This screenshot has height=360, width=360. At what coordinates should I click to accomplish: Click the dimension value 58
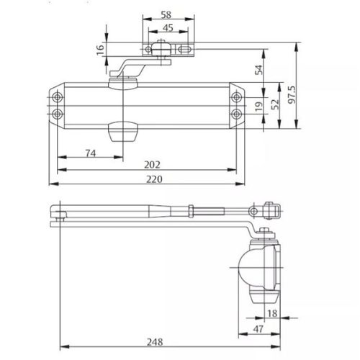pos(166,14)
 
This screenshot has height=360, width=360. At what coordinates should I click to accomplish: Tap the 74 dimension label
pos(91,153)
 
